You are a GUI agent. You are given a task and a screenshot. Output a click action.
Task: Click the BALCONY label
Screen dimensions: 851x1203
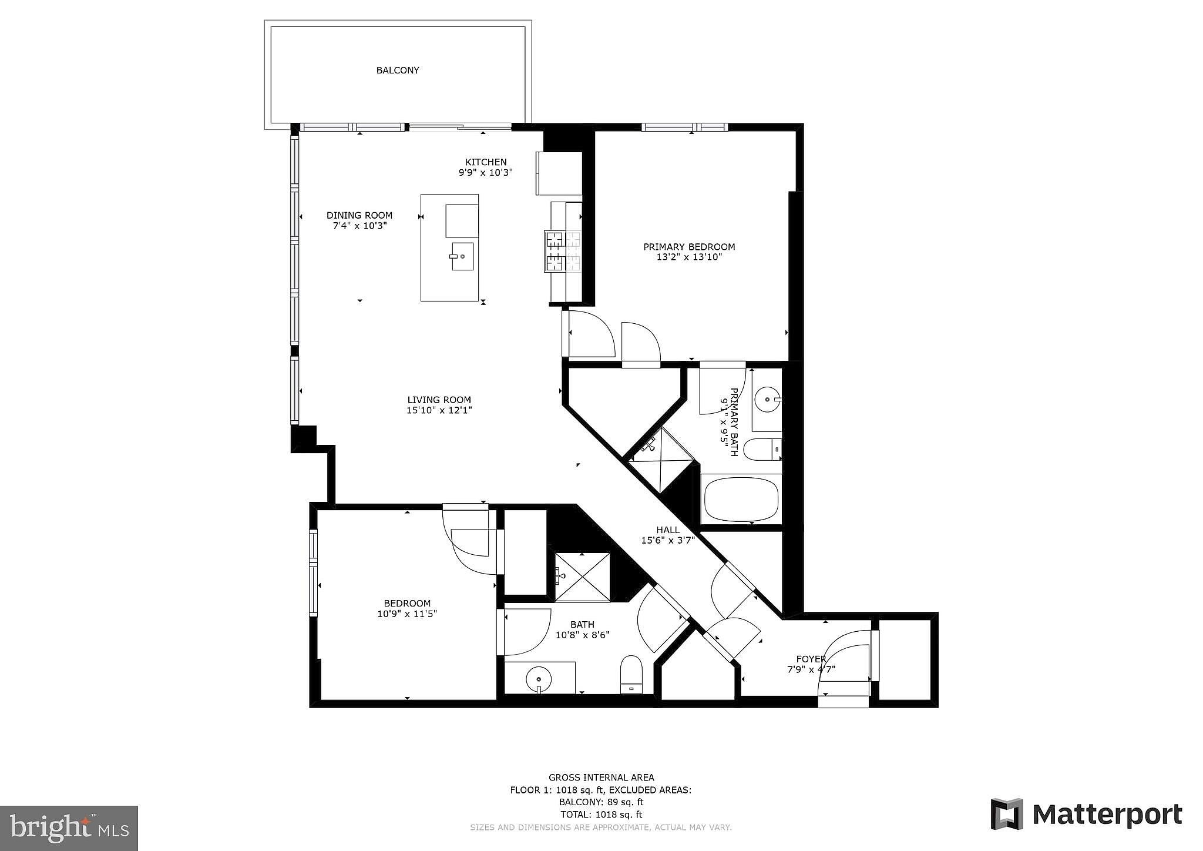(398, 71)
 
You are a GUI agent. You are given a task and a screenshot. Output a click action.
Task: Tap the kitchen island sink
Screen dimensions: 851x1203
(462, 256)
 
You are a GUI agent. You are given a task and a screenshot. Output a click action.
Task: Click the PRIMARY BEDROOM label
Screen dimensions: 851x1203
(689, 247)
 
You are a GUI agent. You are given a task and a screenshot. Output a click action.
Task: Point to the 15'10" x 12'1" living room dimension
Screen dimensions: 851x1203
(439, 410)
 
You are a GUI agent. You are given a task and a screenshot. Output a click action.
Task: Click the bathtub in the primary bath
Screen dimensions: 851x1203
(741, 499)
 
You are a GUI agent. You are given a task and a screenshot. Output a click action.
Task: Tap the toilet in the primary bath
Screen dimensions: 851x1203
(762, 450)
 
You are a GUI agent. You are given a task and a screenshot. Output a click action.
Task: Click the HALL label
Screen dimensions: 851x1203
(668, 530)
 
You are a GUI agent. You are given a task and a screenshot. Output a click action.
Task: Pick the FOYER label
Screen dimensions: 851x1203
(811, 659)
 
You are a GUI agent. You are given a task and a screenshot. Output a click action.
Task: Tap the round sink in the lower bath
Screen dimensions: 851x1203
(539, 679)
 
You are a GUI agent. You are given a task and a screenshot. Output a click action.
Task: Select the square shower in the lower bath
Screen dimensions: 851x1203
(582, 577)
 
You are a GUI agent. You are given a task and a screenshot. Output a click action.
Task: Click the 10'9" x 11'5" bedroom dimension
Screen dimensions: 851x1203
(407, 614)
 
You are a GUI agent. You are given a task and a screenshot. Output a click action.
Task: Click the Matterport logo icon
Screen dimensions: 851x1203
(1007, 814)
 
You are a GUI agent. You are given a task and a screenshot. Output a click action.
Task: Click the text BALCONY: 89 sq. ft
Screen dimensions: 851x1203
(601, 802)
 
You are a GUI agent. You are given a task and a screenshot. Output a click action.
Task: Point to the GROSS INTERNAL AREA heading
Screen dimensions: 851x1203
(601, 777)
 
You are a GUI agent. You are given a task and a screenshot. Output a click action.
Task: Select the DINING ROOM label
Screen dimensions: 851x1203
(359, 215)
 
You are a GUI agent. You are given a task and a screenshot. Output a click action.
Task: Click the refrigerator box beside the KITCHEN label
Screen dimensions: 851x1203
(558, 173)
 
